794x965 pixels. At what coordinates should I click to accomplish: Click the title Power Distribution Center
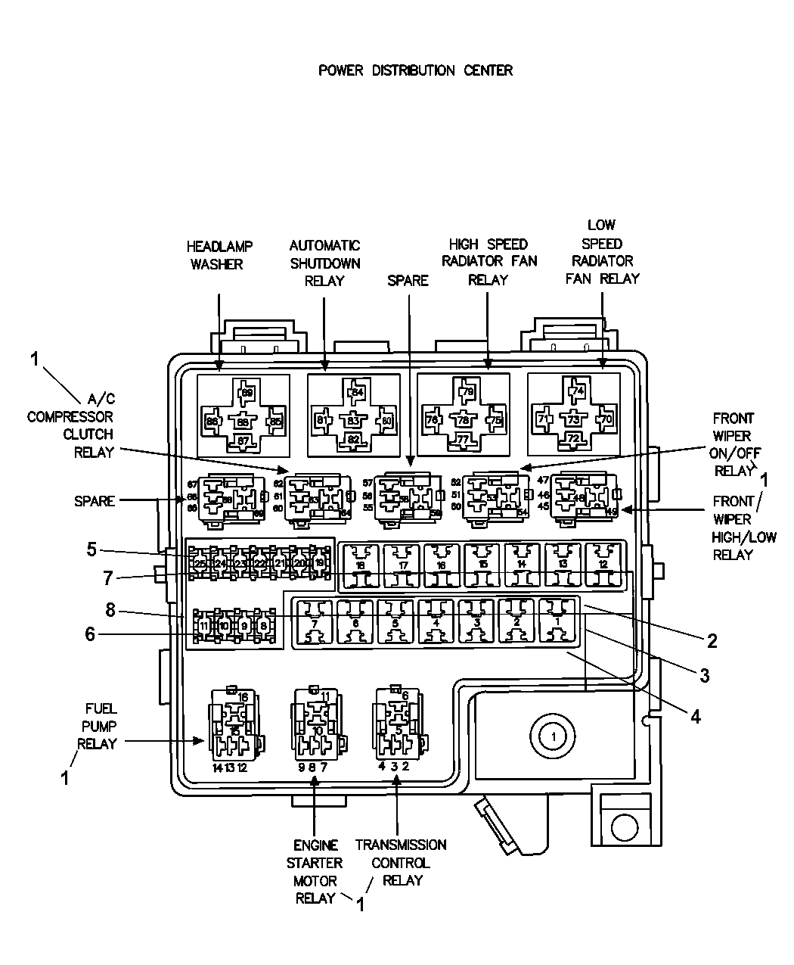click(415, 70)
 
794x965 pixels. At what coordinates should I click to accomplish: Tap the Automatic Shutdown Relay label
click(324, 263)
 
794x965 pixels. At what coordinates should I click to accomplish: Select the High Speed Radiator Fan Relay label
click(488, 262)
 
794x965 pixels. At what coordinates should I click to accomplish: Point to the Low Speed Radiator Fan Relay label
click(602, 252)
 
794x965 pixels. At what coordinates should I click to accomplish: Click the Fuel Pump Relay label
click(98, 727)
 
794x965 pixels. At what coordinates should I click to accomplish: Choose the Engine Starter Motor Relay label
click(318, 871)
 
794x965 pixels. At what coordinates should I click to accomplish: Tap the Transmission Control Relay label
click(401, 862)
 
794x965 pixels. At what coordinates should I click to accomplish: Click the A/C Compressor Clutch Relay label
click(70, 425)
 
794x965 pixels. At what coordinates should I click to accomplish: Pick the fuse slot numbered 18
click(360, 566)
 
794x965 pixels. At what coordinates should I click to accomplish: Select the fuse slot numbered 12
click(603, 566)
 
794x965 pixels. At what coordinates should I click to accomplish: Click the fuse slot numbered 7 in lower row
click(314, 622)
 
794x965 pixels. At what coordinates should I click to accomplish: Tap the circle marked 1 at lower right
click(553, 735)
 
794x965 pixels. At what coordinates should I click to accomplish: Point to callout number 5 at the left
click(91, 549)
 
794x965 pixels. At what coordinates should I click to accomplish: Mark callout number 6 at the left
click(91, 634)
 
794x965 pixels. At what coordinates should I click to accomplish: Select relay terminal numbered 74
click(578, 391)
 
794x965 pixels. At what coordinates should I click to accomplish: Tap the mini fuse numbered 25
click(200, 563)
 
